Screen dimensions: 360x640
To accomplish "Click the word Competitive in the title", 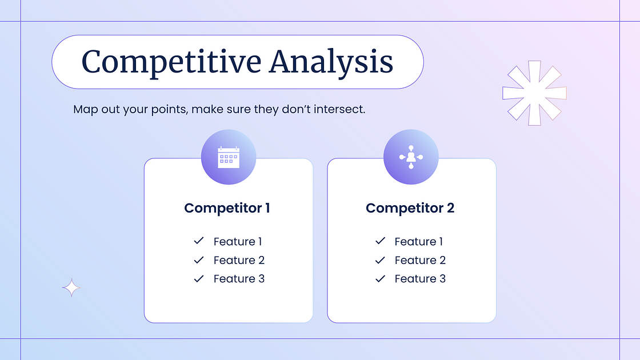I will (x=171, y=62).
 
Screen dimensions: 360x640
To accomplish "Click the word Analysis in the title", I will (x=331, y=62).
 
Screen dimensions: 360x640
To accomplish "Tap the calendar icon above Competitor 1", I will (x=229, y=157).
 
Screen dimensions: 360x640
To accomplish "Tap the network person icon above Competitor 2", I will (x=411, y=157).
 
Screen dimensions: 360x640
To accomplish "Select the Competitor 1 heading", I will (x=227, y=208).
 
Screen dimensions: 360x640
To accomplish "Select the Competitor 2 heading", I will (x=410, y=208).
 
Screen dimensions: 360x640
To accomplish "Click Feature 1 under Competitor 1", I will (x=238, y=242).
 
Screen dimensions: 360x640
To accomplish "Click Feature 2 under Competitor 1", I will (x=239, y=261).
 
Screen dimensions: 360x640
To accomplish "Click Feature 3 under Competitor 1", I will (x=239, y=279).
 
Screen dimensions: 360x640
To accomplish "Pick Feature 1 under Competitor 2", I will (x=419, y=242).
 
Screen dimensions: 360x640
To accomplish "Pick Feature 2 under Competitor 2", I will (x=420, y=261).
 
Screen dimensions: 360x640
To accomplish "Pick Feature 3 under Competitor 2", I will (x=420, y=279).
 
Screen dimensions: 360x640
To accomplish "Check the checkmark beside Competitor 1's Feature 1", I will (x=199, y=241).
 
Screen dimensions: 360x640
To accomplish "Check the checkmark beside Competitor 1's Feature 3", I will (x=199, y=278).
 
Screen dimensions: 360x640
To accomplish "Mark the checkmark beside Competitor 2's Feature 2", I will (x=380, y=260).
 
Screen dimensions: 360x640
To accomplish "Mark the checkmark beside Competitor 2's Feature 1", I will (x=380, y=241).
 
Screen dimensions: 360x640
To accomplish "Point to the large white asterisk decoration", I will (x=534, y=93).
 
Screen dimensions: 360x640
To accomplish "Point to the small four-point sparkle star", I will (x=71, y=287).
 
